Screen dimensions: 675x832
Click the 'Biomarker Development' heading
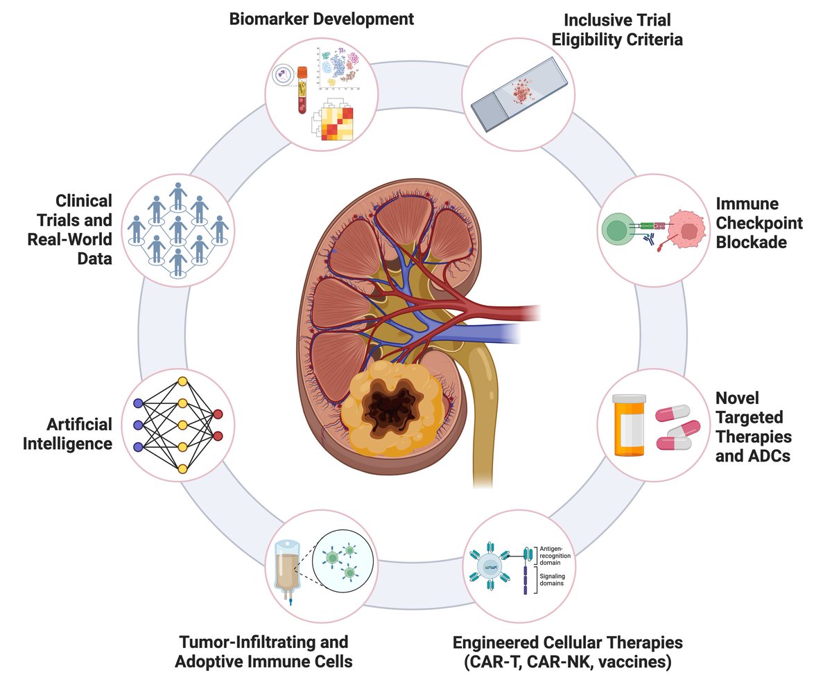pyautogui.click(x=322, y=19)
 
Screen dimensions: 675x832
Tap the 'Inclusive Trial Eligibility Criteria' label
pyautogui.click(x=622, y=30)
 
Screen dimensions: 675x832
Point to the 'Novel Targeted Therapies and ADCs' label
pyautogui.click(x=753, y=428)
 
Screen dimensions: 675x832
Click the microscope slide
pyautogui.click(x=522, y=94)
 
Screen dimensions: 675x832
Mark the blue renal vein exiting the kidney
pyautogui.click(x=485, y=335)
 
